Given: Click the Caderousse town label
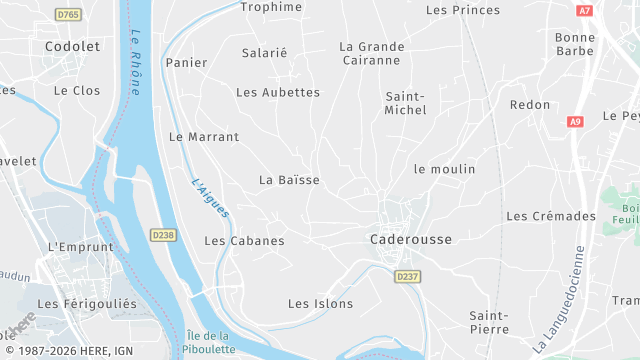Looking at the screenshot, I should [x=410, y=240].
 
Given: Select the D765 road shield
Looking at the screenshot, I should [x=69, y=15].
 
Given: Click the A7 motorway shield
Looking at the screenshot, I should [x=585, y=10].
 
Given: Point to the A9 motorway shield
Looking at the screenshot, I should [x=574, y=122].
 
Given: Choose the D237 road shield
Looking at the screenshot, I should [x=406, y=276].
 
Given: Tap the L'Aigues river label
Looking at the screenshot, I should [x=210, y=197].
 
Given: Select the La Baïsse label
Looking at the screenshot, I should [x=289, y=180].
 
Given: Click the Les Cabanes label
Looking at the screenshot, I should [x=244, y=241].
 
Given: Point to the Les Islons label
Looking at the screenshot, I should [x=320, y=303].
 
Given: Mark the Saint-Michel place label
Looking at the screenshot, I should [x=405, y=102].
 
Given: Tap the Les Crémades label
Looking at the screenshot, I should [x=551, y=216].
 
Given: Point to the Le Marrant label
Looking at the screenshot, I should [x=204, y=137].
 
